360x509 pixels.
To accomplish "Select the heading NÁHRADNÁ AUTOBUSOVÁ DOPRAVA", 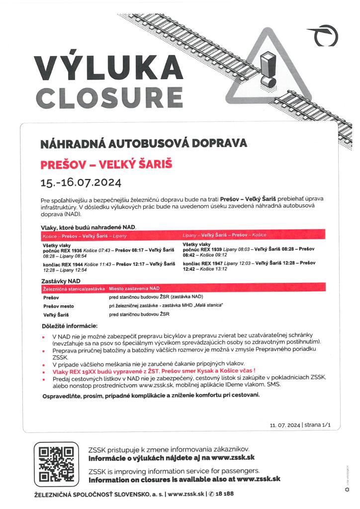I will [x=144, y=144].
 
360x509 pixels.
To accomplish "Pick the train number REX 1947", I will [x=213, y=262].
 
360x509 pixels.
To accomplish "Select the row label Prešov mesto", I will [x=59, y=306].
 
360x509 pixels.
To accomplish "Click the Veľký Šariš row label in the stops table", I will [x=56, y=315].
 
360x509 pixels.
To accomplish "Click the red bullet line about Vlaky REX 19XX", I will [x=154, y=371].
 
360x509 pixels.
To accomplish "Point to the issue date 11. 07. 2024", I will [x=285, y=425].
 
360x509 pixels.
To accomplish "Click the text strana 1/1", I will [x=319, y=425].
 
